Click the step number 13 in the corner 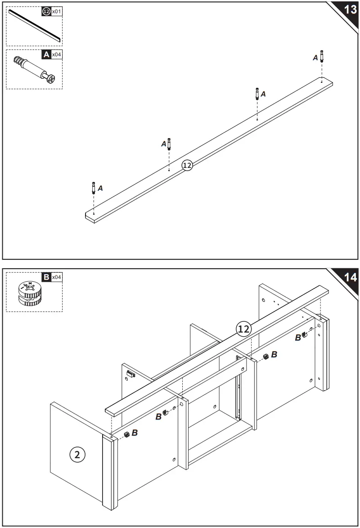[x=350, y=9]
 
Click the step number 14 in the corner [x=350, y=277]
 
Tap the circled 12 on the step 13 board [x=187, y=165]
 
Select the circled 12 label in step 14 [x=243, y=329]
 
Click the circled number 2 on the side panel [x=77, y=454]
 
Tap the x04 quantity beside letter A [x=57, y=54]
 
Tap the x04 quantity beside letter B [x=57, y=277]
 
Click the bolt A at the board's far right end [x=321, y=56]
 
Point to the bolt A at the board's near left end [x=93, y=187]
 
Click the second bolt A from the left [x=169, y=144]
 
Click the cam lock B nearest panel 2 [x=127, y=434]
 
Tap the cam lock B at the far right [x=304, y=334]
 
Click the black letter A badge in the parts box [x=46, y=54]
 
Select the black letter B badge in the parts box [x=46, y=277]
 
